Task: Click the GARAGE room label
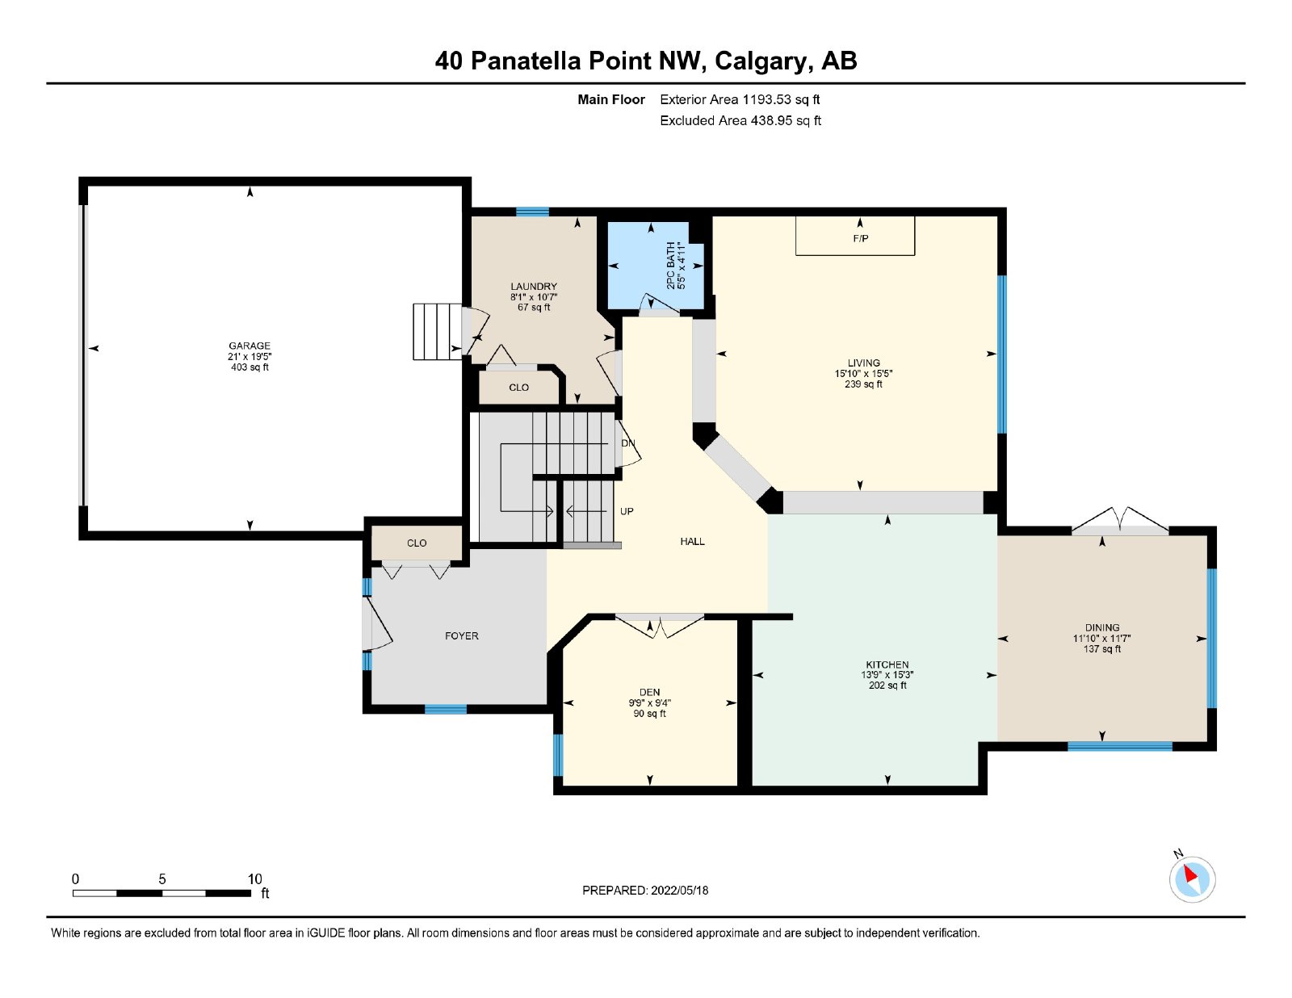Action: (250, 346)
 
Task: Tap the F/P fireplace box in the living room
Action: (855, 236)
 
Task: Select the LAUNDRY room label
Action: (533, 287)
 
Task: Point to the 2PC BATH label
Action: (671, 266)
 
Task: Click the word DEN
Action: (650, 692)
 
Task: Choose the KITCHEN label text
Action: (887, 665)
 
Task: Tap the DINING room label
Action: (1102, 627)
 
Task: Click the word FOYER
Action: (461, 636)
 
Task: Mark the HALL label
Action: (692, 542)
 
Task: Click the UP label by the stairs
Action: (627, 511)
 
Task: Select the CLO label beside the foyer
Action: (417, 543)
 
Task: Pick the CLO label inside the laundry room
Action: (518, 388)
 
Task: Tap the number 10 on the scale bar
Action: (254, 879)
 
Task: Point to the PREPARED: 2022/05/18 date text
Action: (645, 891)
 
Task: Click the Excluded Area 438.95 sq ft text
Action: (740, 120)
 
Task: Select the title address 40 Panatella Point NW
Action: (571, 61)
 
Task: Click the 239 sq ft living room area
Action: (863, 384)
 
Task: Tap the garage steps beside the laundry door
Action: (438, 332)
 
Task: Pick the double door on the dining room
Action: (1120, 522)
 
